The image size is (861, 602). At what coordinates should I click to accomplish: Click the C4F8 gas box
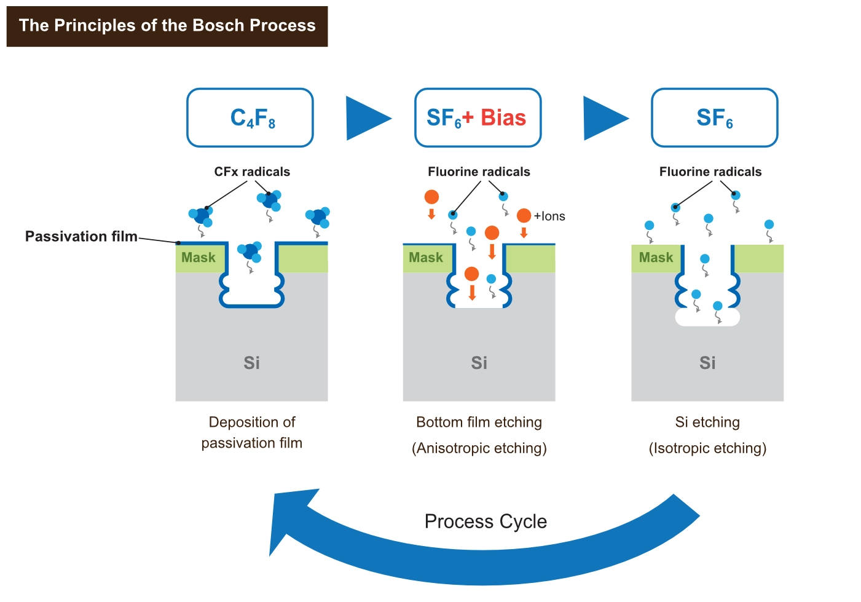(x=250, y=117)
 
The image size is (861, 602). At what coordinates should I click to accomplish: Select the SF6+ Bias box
(x=478, y=117)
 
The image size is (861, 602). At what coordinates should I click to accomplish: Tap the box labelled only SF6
(x=714, y=117)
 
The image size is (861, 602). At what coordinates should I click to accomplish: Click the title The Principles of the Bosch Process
(x=167, y=26)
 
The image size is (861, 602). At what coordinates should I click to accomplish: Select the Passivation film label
(x=81, y=236)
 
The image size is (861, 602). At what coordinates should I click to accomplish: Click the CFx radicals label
(x=252, y=172)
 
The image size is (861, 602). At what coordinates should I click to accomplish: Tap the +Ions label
(x=549, y=216)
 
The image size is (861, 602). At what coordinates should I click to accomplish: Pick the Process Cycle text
(x=486, y=521)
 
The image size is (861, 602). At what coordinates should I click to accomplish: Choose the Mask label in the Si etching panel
(x=656, y=258)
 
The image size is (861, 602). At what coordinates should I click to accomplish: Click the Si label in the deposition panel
(x=252, y=363)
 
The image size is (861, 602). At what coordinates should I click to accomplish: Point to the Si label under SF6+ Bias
(x=479, y=363)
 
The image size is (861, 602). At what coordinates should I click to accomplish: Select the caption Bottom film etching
(x=479, y=422)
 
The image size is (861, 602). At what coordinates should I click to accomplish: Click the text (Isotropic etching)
(x=707, y=448)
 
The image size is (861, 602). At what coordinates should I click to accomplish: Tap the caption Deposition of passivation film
(x=252, y=432)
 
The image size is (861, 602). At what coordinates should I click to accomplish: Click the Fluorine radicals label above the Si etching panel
(x=710, y=172)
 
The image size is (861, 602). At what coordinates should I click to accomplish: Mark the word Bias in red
(x=503, y=117)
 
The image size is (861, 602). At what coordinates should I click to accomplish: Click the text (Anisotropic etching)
(x=479, y=448)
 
